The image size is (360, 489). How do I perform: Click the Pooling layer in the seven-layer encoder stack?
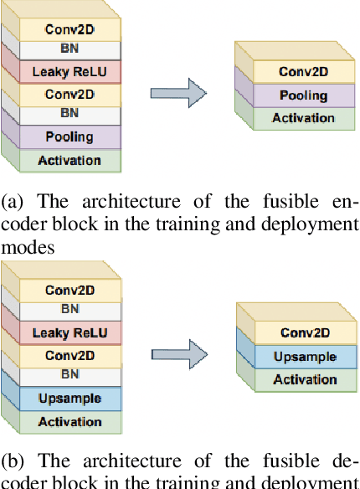(x=69, y=136)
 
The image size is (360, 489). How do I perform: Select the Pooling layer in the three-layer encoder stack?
(x=302, y=95)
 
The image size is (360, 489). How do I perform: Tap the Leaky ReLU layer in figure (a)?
(x=69, y=72)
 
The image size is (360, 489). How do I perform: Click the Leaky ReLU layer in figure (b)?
(x=69, y=333)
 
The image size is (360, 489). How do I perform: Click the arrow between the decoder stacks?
(x=179, y=354)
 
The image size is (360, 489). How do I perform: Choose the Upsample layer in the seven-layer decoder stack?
(x=69, y=399)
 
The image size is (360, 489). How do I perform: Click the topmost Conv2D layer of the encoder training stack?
(x=69, y=28)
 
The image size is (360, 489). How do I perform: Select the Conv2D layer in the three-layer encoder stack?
(x=302, y=72)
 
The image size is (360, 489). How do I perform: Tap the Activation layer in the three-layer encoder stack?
(x=302, y=118)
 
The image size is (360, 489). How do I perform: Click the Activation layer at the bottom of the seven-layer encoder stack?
(x=69, y=160)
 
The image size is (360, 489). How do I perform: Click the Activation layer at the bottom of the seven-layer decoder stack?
(x=69, y=421)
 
